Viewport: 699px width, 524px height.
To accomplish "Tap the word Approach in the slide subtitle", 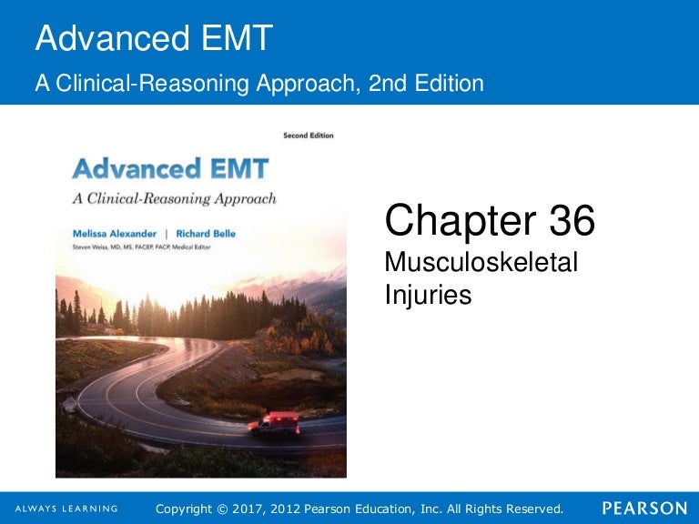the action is point(307,85).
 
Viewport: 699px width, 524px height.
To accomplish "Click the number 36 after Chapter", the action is point(572,219).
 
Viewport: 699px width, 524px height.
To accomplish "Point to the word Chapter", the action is point(461,221).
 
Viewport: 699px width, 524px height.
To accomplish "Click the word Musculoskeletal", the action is point(481,262).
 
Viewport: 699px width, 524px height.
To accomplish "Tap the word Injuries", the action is point(428,296).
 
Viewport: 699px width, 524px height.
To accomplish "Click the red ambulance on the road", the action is point(274,423).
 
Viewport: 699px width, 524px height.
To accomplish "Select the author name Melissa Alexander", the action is point(115,234).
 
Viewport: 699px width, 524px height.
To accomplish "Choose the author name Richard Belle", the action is point(206,234).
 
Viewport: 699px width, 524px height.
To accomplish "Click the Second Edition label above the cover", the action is point(309,136).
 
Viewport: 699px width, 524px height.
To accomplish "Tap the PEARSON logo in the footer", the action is point(644,509).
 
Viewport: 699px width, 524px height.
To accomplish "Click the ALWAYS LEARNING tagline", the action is point(66,509).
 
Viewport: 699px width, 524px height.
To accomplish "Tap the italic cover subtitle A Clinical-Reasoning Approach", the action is point(175,198).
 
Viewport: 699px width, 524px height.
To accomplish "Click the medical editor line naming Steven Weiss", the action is point(141,247).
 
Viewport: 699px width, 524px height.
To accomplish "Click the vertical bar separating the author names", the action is point(167,235).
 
